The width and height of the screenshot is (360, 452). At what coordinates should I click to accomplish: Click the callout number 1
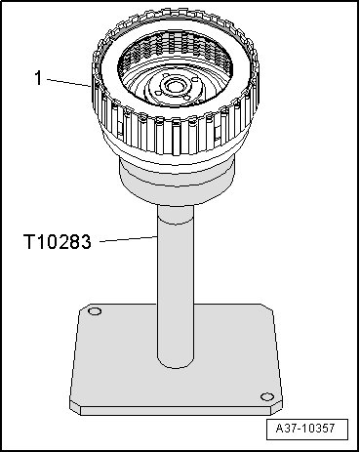pyautogui.click(x=38, y=78)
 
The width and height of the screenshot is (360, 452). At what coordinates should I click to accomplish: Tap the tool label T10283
pyautogui.click(x=58, y=242)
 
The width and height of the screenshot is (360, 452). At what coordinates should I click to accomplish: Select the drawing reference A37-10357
pyautogui.click(x=305, y=428)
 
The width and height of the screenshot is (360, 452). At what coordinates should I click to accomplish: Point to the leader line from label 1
pyautogui.click(x=68, y=82)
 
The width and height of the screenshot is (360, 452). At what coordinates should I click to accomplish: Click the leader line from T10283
pyautogui.click(x=129, y=239)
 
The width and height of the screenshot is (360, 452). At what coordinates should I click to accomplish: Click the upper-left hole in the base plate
pyautogui.click(x=95, y=311)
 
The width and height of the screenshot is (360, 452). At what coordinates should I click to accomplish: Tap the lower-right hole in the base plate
pyautogui.click(x=267, y=397)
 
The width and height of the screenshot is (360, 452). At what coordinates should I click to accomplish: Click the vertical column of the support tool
pyautogui.click(x=176, y=286)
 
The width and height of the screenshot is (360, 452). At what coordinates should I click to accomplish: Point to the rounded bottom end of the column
pyautogui.click(x=176, y=363)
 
